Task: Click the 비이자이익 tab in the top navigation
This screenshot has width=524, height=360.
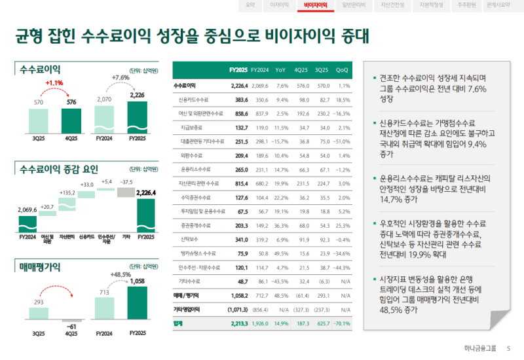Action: coord(316,5)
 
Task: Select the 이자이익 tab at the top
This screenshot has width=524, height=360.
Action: coord(280,5)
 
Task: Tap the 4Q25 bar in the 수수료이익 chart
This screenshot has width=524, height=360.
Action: coord(71,120)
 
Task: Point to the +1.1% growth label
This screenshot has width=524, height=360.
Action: coord(54,83)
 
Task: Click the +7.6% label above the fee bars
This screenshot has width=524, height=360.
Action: coord(121,77)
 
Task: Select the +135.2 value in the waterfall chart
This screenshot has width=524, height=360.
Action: coord(67,192)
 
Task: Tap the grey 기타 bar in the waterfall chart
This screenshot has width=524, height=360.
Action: coord(126,192)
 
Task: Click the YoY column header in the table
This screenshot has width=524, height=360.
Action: coord(280,70)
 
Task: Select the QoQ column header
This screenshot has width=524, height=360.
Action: coord(342,70)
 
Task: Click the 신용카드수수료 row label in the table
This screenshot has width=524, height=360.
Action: coord(193,99)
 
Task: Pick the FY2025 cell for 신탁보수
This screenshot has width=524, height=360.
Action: coord(241,240)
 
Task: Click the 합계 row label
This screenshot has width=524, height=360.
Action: coord(179,323)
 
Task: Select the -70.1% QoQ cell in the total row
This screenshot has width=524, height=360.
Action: coord(341,323)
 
